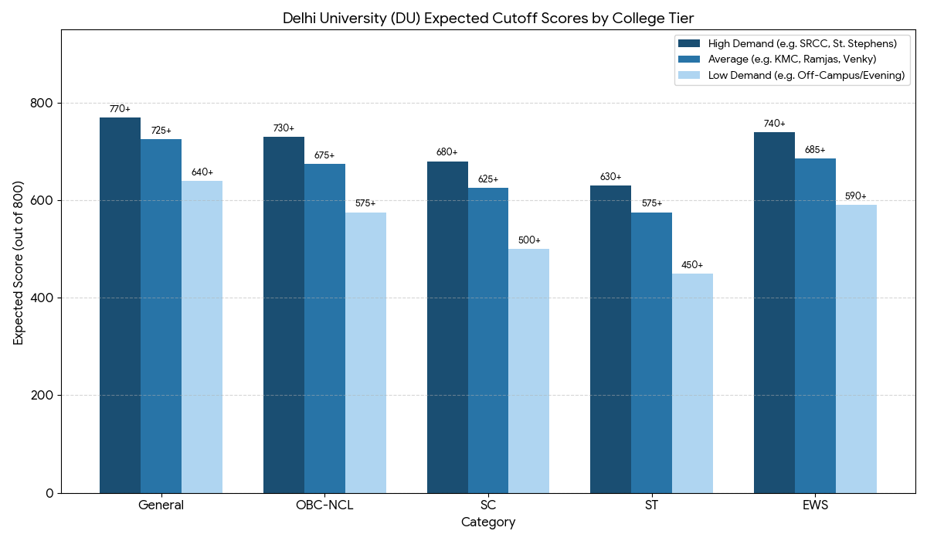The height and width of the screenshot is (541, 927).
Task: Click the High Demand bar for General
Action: point(120,305)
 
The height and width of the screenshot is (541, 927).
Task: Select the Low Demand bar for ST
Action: point(692,383)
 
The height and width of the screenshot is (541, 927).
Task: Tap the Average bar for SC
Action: point(488,340)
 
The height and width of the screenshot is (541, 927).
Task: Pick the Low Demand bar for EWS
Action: point(856,349)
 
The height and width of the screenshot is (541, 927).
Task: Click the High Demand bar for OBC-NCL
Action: point(284,315)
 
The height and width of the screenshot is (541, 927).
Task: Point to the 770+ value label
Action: point(120,109)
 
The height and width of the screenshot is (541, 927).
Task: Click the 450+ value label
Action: point(692,265)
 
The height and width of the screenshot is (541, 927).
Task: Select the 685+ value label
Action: point(815,150)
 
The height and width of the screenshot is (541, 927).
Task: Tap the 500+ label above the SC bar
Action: point(529,240)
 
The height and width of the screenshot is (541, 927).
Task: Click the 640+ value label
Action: point(202,172)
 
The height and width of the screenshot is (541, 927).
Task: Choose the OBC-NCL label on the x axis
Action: point(324,505)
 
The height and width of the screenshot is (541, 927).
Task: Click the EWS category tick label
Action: point(815,505)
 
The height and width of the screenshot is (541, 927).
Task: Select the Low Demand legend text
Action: point(806,75)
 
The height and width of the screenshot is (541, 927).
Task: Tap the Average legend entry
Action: point(792,59)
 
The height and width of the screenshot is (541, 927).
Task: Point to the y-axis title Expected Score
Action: point(18,263)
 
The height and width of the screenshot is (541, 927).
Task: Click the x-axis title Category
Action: point(488,522)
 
